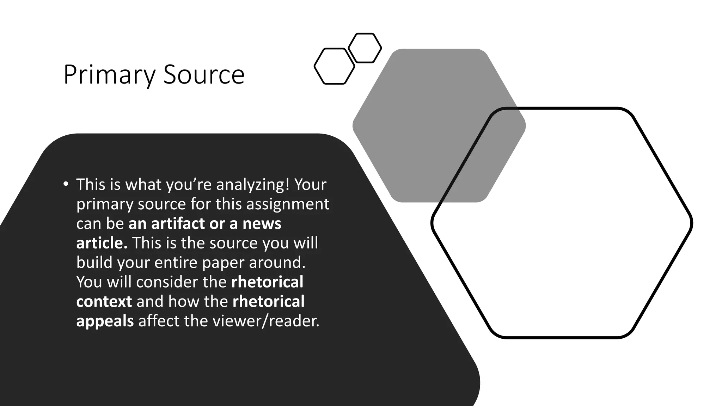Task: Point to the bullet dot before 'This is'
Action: tap(66, 184)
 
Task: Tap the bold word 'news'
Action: tap(262, 224)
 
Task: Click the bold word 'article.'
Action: tap(102, 243)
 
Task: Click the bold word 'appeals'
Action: tap(105, 321)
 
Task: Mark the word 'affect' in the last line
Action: tap(159, 321)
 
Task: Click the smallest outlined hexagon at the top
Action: tap(365, 48)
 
